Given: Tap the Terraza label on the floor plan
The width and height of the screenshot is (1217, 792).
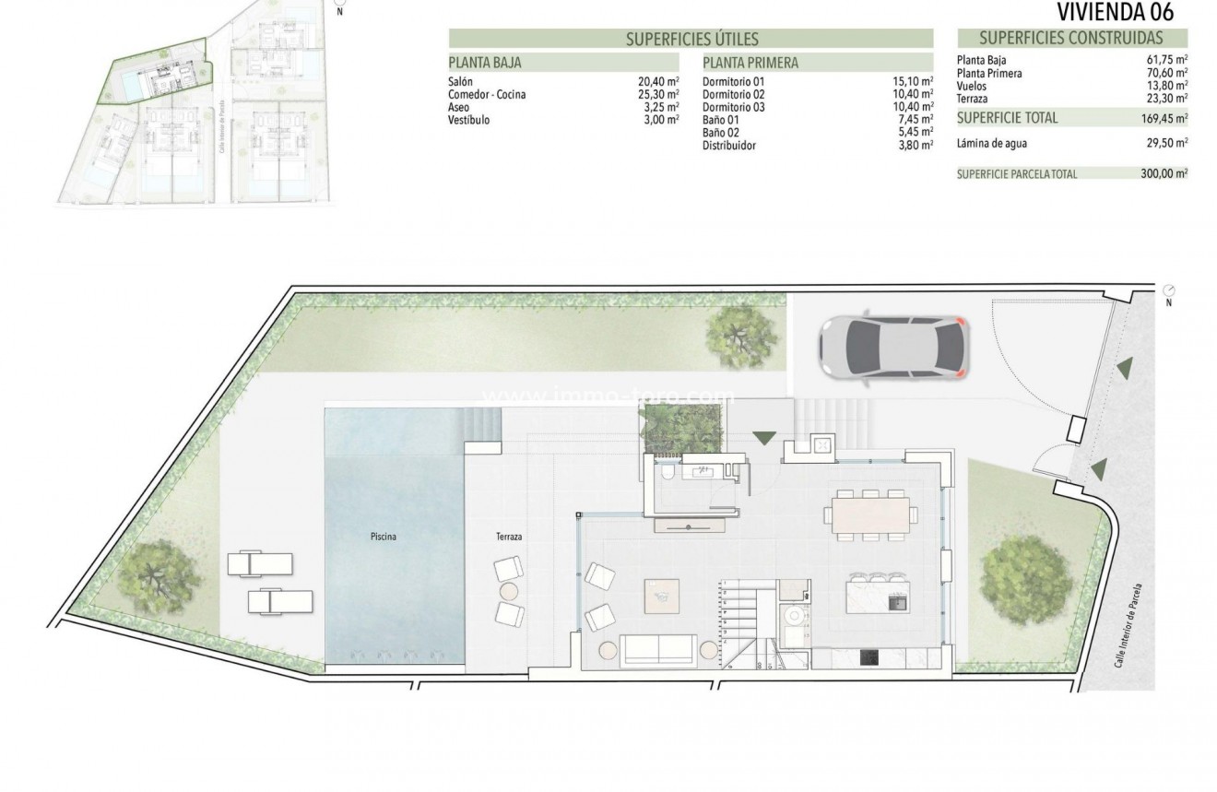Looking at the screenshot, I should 509,536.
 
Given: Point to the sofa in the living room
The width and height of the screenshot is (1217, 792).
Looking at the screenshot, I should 656,649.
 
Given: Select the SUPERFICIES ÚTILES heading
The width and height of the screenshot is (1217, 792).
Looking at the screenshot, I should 691,39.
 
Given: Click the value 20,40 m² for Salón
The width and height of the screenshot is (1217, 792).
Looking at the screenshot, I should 658,82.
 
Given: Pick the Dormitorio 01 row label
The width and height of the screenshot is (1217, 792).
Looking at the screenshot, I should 734,82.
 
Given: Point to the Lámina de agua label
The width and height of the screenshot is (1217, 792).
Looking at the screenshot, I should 992,143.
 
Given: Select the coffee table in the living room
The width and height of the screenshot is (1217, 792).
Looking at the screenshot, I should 662,594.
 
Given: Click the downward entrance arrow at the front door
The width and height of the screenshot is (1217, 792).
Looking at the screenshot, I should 764,438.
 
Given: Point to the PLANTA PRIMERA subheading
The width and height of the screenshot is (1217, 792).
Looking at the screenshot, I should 750,64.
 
